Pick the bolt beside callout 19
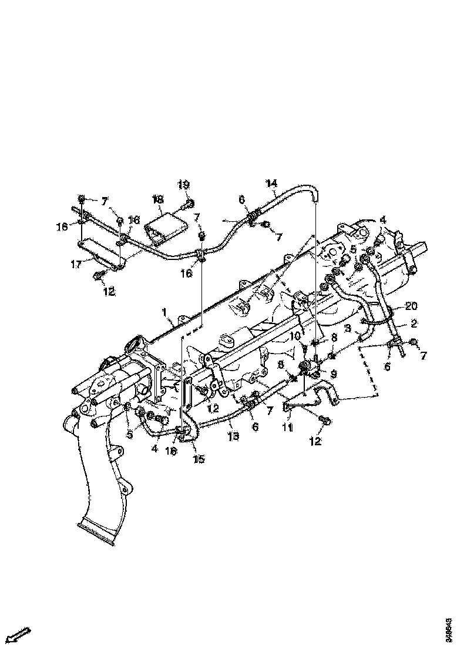click(x=189, y=205)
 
